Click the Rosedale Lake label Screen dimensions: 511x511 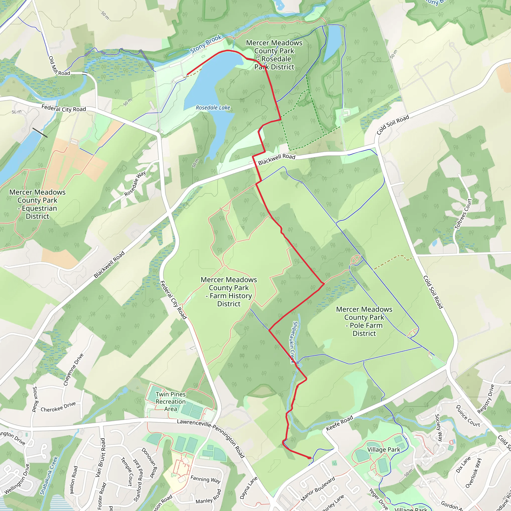click(213, 108)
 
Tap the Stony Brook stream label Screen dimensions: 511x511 click(206, 44)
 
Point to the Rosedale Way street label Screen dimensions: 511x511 click(135, 183)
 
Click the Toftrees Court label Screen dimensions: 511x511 click(463, 214)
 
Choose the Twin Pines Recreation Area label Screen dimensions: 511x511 click(171, 401)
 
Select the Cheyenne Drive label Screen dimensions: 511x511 click(73, 370)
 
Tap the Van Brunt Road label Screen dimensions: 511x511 click(100, 458)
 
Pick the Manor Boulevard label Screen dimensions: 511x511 click(318, 489)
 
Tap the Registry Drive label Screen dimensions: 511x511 click(486, 399)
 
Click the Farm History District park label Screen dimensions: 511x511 click(229, 291)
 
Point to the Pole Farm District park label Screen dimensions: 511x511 click(364, 321)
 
